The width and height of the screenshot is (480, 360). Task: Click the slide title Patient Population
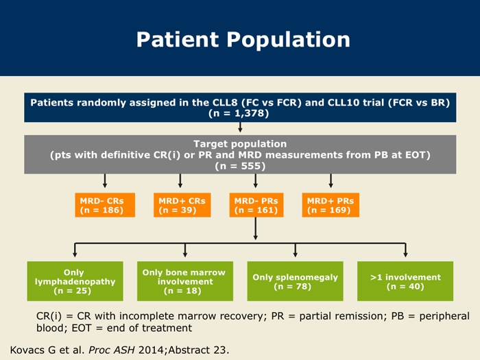[x=243, y=40]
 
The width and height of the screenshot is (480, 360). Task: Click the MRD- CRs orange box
[x=105, y=205]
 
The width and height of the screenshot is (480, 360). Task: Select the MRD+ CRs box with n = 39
[x=182, y=205]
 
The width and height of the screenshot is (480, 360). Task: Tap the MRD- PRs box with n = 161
[x=256, y=205]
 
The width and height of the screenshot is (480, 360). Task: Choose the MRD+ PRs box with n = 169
[x=331, y=205]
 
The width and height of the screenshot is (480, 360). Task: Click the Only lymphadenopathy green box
[x=75, y=281]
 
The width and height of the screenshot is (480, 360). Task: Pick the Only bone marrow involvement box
[x=185, y=281]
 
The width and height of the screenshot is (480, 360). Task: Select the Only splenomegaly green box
[x=295, y=281]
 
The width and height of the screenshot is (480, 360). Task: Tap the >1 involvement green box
[x=405, y=281]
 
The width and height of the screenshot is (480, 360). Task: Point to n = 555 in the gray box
[x=240, y=166]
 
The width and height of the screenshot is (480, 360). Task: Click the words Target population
[x=240, y=144]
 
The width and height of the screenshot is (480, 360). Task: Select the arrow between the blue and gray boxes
[x=240, y=128]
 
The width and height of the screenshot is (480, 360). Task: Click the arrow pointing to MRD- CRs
[x=105, y=181]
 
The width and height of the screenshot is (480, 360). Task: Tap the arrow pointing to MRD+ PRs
[x=331, y=181]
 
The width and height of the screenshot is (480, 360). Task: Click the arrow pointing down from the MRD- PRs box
[x=256, y=228]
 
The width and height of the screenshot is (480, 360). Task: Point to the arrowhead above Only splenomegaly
[x=295, y=254]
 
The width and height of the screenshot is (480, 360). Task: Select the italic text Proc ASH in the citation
[x=111, y=350]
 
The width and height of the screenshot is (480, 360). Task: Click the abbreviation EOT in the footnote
[x=82, y=328]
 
